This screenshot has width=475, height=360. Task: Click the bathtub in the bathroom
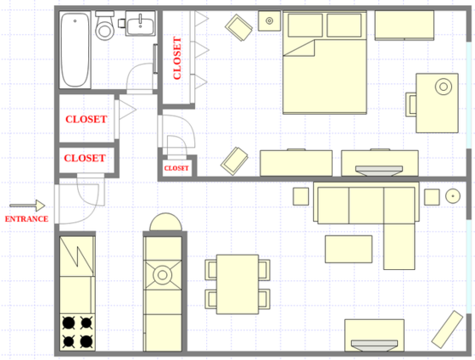click(75, 50)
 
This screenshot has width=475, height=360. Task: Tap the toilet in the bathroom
click(105, 28)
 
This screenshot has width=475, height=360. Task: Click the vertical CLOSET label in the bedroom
click(177, 58)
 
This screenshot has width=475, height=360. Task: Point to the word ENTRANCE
click(26, 219)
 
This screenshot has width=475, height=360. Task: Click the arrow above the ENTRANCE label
click(27, 205)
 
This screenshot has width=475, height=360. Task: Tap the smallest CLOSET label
click(176, 168)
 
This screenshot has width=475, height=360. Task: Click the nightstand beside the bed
click(270, 20)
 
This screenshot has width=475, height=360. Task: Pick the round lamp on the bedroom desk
click(443, 86)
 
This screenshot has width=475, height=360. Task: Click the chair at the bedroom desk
click(411, 104)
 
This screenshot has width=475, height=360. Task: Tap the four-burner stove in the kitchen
click(76, 332)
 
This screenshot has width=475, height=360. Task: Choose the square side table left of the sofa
click(301, 196)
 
